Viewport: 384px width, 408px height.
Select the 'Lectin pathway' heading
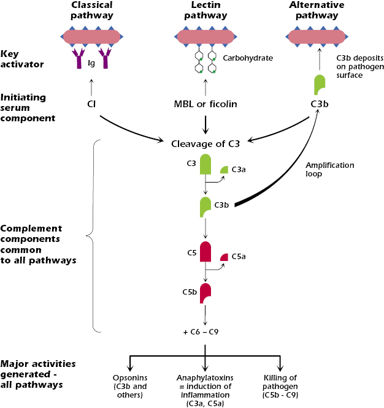pyautogui.click(x=204, y=10)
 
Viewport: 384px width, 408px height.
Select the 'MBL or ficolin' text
pyautogui.click(x=204, y=104)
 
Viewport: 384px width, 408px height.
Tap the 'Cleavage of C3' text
pyautogui.click(x=204, y=145)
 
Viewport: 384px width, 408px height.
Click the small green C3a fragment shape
pyautogui.click(x=225, y=169)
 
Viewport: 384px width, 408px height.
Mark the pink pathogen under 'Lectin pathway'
pyautogui.click(x=204, y=37)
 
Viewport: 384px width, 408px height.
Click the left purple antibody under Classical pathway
pyautogui.click(x=79, y=59)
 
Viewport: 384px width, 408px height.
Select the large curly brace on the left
pyautogui.click(x=91, y=234)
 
